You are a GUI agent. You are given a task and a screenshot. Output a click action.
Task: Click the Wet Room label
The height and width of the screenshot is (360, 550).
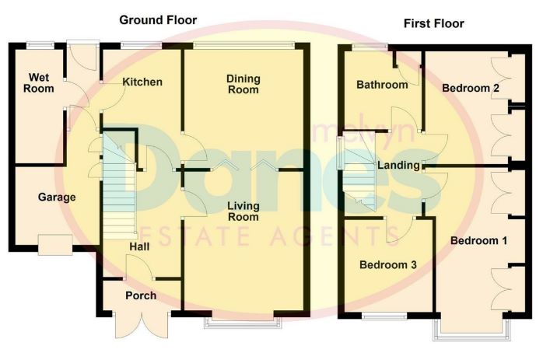click(39, 83)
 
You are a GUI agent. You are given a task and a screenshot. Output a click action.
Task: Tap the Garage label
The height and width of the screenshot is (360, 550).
click(57, 197)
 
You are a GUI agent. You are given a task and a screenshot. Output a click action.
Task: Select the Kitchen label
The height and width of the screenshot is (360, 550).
click(142, 82)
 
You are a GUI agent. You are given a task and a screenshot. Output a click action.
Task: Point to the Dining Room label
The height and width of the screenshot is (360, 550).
click(243, 84)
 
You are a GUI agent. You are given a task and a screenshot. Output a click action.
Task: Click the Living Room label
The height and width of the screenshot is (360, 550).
click(243, 211)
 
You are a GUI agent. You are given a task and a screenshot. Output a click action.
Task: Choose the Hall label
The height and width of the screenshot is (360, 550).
click(139, 246)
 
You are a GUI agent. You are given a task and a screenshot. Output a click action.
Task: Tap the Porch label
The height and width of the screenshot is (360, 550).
click(141, 295)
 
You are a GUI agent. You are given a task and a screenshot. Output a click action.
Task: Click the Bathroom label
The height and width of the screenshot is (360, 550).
click(382, 85)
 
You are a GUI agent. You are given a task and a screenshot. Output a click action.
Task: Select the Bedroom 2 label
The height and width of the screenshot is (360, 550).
click(471, 88)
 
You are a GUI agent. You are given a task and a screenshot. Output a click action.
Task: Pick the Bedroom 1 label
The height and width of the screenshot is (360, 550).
click(478, 241)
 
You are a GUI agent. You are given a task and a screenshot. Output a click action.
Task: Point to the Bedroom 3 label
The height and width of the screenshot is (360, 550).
click(388, 264)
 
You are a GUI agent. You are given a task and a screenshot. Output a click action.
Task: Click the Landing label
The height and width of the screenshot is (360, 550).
click(398, 165)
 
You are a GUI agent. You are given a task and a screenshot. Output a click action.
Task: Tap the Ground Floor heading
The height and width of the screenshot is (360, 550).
click(158, 20)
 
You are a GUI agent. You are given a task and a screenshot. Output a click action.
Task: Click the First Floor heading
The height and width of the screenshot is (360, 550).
click(434, 23)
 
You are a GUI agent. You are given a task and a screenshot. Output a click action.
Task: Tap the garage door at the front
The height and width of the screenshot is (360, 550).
click(55, 245)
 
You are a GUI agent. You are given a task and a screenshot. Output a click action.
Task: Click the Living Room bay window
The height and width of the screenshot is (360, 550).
click(243, 323)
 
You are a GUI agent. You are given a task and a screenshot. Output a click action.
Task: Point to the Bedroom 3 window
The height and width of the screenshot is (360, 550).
click(384, 316)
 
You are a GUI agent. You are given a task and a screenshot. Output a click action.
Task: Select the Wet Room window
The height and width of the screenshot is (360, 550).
click(40, 45)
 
